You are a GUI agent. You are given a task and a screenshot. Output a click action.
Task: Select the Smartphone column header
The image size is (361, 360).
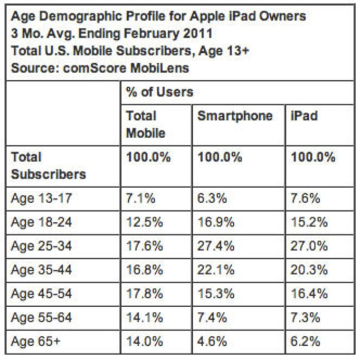pos(235,116)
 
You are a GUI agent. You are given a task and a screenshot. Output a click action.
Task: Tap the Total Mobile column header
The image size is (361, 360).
pos(141,124)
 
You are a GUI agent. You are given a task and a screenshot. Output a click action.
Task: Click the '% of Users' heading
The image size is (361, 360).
pos(159,92)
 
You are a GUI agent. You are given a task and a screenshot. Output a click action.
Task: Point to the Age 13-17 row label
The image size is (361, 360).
pos(41,198)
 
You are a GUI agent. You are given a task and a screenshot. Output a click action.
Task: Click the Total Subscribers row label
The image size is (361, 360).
pos(48,165)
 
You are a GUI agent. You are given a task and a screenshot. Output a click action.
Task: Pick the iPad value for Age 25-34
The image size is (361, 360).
pos(309,246)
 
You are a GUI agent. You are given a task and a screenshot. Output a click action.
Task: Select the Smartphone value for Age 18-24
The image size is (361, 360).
pos(215,222)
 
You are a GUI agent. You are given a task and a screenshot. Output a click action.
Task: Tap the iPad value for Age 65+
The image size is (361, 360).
pos(305,341)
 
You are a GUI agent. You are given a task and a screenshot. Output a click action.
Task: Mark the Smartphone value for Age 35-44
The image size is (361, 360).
pos(216,270)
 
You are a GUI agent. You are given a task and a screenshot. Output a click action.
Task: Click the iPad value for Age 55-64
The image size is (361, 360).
pos(305,318)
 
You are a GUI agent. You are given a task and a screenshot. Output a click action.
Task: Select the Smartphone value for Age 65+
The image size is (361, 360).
pos(212,341)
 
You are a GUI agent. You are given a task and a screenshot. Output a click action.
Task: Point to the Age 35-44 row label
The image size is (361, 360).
pos(41,270)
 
